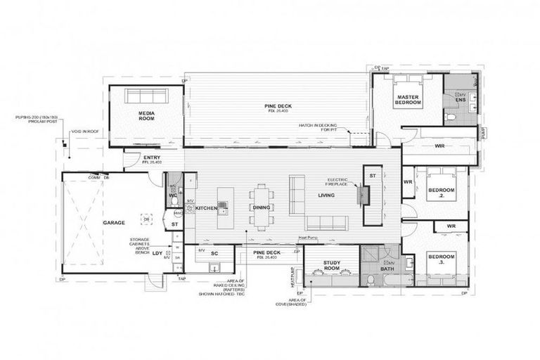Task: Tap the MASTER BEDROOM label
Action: point(408,100)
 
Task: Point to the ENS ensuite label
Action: point(461,100)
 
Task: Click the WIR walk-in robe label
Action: point(439,147)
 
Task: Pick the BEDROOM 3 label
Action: point(442,258)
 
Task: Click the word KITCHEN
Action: point(205,208)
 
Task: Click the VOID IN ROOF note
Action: point(85,131)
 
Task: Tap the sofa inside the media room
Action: point(147,95)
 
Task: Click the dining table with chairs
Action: point(261,207)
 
